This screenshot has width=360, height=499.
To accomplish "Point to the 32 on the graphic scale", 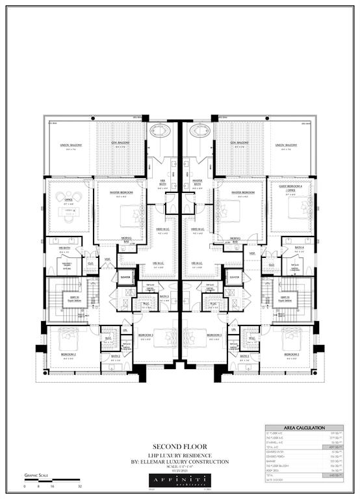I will coord(79,486).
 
